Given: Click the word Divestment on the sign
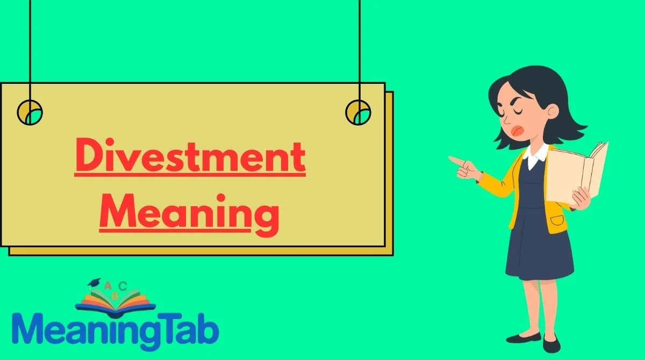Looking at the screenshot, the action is click(190, 155).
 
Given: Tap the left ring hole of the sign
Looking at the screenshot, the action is click(30, 112).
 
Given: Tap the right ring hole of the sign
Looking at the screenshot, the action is click(358, 112).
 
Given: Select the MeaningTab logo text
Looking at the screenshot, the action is click(116, 332).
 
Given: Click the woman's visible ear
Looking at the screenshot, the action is click(552, 111).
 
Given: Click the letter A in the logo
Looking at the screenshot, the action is click(107, 286).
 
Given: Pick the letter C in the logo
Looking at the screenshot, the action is click(123, 286).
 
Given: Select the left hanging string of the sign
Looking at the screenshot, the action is click(30, 51).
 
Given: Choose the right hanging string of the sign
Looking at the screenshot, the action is click(360, 51).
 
